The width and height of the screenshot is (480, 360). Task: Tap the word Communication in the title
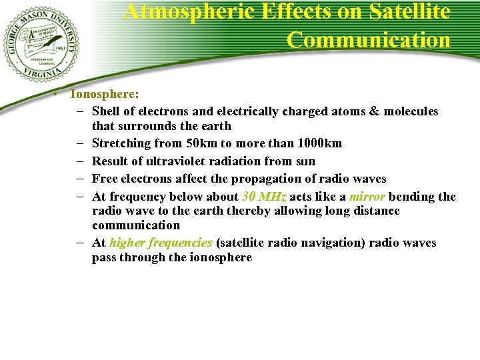(369, 39)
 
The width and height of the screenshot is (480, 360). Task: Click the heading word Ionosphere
(105, 94)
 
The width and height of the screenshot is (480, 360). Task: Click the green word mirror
(367, 197)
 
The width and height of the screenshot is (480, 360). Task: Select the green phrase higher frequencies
(161, 243)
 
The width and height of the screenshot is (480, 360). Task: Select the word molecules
(411, 111)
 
